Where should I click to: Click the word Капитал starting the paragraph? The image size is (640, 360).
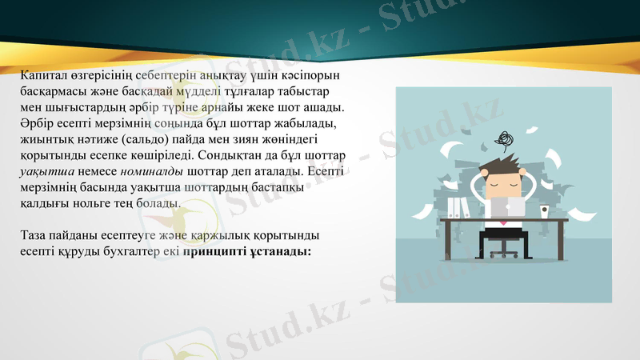tap(44, 75)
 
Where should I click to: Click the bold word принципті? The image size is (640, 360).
tap(214, 251)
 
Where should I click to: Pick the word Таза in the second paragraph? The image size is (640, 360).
tap(36, 235)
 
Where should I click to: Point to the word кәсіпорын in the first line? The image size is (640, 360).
tap(314, 75)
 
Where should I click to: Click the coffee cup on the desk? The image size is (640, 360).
tap(544, 211)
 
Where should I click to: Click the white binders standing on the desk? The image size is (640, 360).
tap(458, 206)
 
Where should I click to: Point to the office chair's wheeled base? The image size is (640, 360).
tap(503, 254)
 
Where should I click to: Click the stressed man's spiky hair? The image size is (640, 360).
tap(503, 163)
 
